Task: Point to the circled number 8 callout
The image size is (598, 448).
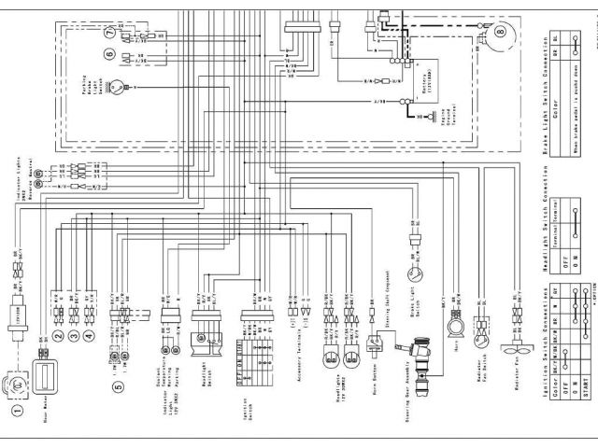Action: coord(501,36)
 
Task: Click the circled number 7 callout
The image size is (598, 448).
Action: coord(111,34)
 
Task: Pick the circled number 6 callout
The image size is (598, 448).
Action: coord(111,55)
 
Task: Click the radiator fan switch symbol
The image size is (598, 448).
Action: coord(483,329)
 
